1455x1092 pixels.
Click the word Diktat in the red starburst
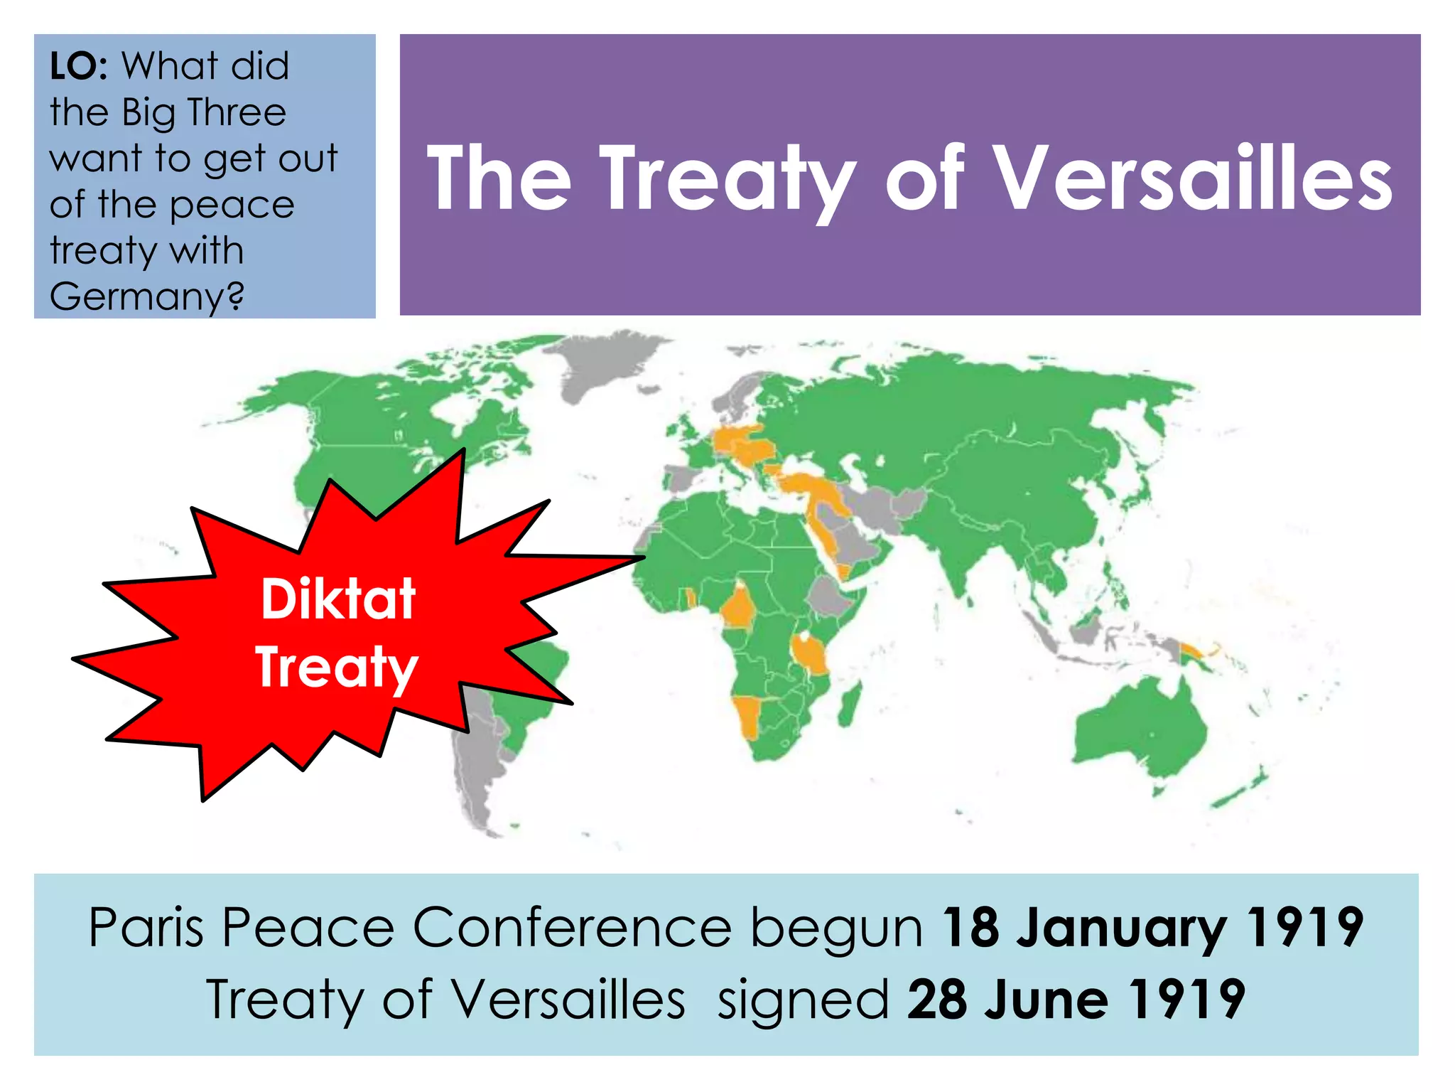338,599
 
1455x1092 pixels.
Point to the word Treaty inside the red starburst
337,667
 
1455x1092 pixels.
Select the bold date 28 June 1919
1076,999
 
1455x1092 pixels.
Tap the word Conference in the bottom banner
572,927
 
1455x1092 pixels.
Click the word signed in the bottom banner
803,999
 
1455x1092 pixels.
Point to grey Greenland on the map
604,363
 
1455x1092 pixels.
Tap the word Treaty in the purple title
728,178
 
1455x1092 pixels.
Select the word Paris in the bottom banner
146,927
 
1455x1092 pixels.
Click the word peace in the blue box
232,205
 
